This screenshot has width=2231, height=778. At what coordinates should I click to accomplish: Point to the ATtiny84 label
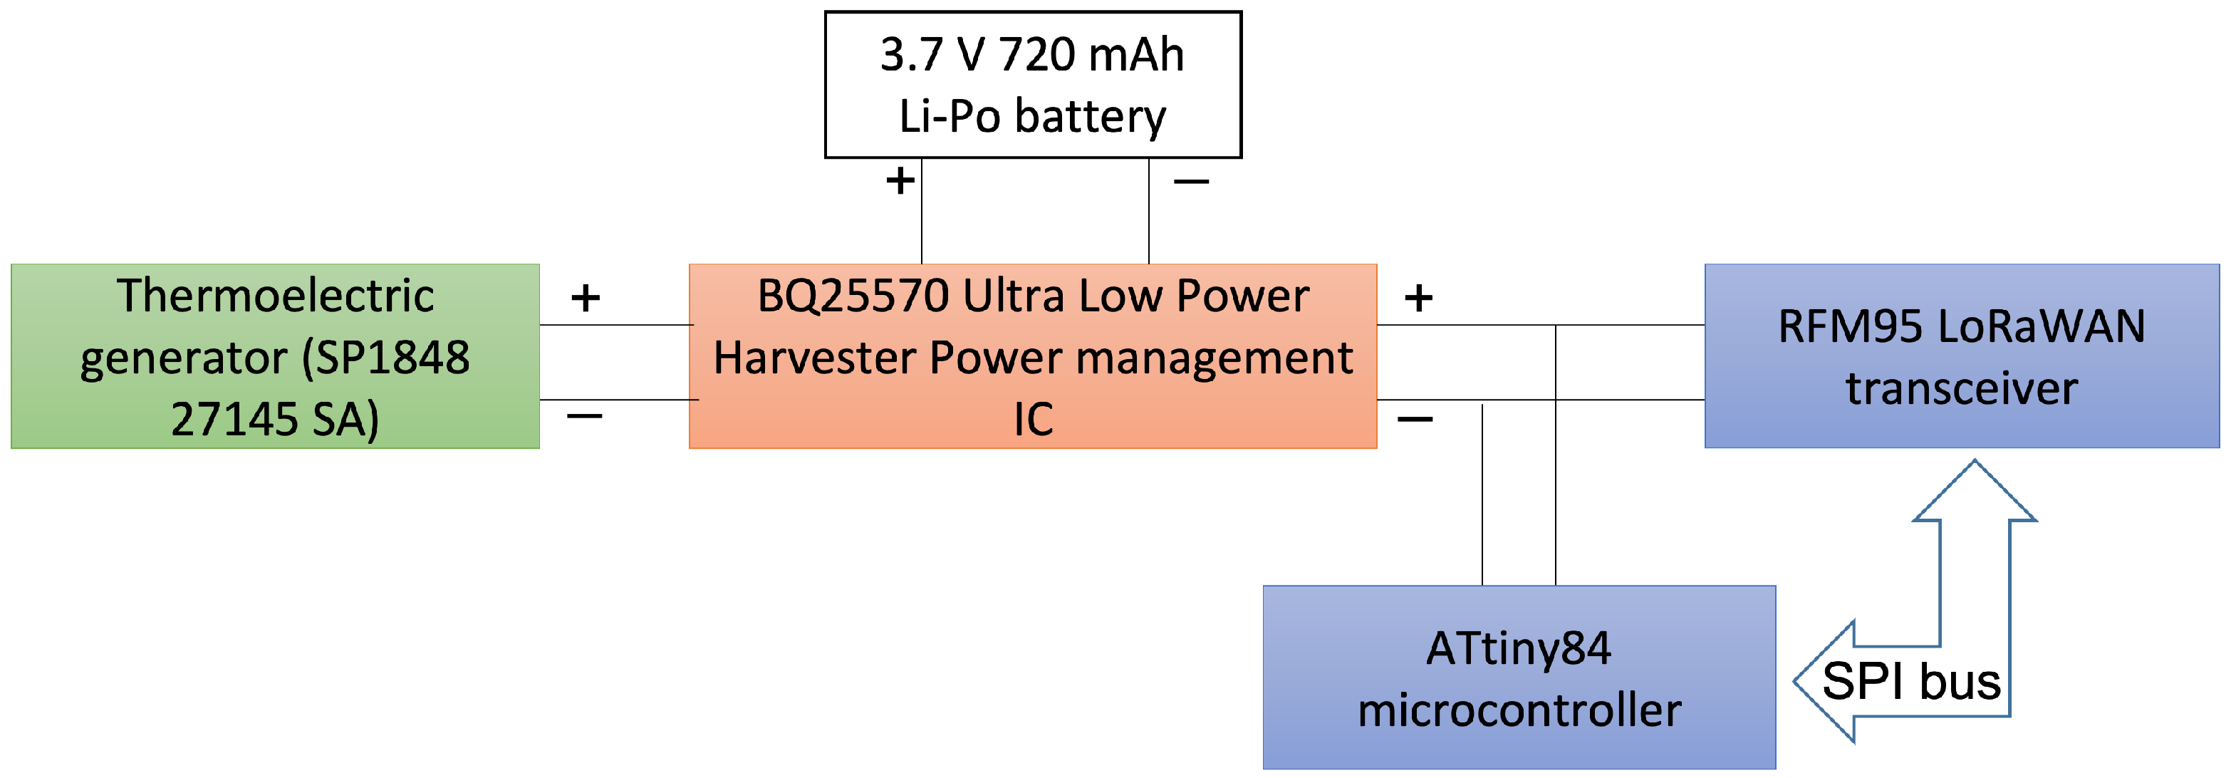1518,648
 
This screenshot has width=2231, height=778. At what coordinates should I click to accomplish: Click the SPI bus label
1910,681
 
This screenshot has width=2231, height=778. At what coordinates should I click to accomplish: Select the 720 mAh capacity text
1091,55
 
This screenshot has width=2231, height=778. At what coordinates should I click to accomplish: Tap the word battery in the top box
1091,117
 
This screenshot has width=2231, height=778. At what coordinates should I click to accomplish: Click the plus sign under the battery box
900,181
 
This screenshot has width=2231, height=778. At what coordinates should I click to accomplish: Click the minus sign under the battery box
1191,182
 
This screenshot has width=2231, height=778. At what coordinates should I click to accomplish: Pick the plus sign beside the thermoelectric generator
586,298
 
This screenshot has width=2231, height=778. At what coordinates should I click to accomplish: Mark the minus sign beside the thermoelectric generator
585,417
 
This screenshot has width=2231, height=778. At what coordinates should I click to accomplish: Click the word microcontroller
1519,710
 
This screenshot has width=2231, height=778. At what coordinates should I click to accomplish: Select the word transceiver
1962,388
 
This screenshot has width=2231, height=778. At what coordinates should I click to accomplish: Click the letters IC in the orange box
1033,420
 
